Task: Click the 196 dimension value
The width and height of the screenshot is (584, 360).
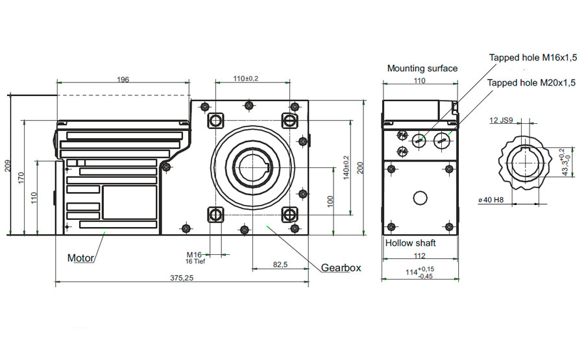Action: [x=123, y=80]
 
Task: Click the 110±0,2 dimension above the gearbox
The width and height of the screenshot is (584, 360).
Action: [x=246, y=78]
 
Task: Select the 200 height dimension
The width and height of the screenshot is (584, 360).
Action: [x=360, y=167]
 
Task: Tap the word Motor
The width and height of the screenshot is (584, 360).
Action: [x=81, y=258]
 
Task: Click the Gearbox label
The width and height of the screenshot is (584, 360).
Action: [x=341, y=267]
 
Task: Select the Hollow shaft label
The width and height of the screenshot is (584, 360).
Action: [x=411, y=243]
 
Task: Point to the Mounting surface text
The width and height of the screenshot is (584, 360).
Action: [x=422, y=68]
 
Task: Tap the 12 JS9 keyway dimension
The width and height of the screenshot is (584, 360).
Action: [x=502, y=121]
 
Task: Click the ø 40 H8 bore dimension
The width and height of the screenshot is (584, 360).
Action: [x=491, y=200]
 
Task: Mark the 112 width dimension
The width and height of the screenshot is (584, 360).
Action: [x=419, y=256]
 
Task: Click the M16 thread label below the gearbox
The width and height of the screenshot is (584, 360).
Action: [x=194, y=254]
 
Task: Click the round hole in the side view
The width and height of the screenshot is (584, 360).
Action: [x=420, y=198]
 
